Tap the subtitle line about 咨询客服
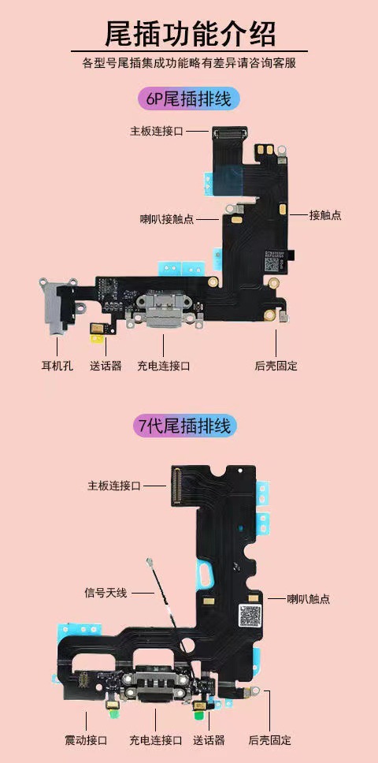coord(189,63)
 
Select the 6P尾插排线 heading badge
coord(188,99)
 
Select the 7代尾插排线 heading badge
coord(188,426)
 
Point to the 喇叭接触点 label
coord(167,218)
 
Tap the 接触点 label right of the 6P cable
coord(325,215)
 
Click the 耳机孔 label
coord(57,366)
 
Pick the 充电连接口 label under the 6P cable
coord(164,366)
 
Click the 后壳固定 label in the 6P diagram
coord(276,366)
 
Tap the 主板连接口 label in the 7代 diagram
coord(113,486)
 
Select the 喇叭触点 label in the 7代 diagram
coord(309,599)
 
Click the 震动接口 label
coord(86,740)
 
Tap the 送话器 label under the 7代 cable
coord(209,740)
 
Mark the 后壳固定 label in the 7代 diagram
coord(270,740)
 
